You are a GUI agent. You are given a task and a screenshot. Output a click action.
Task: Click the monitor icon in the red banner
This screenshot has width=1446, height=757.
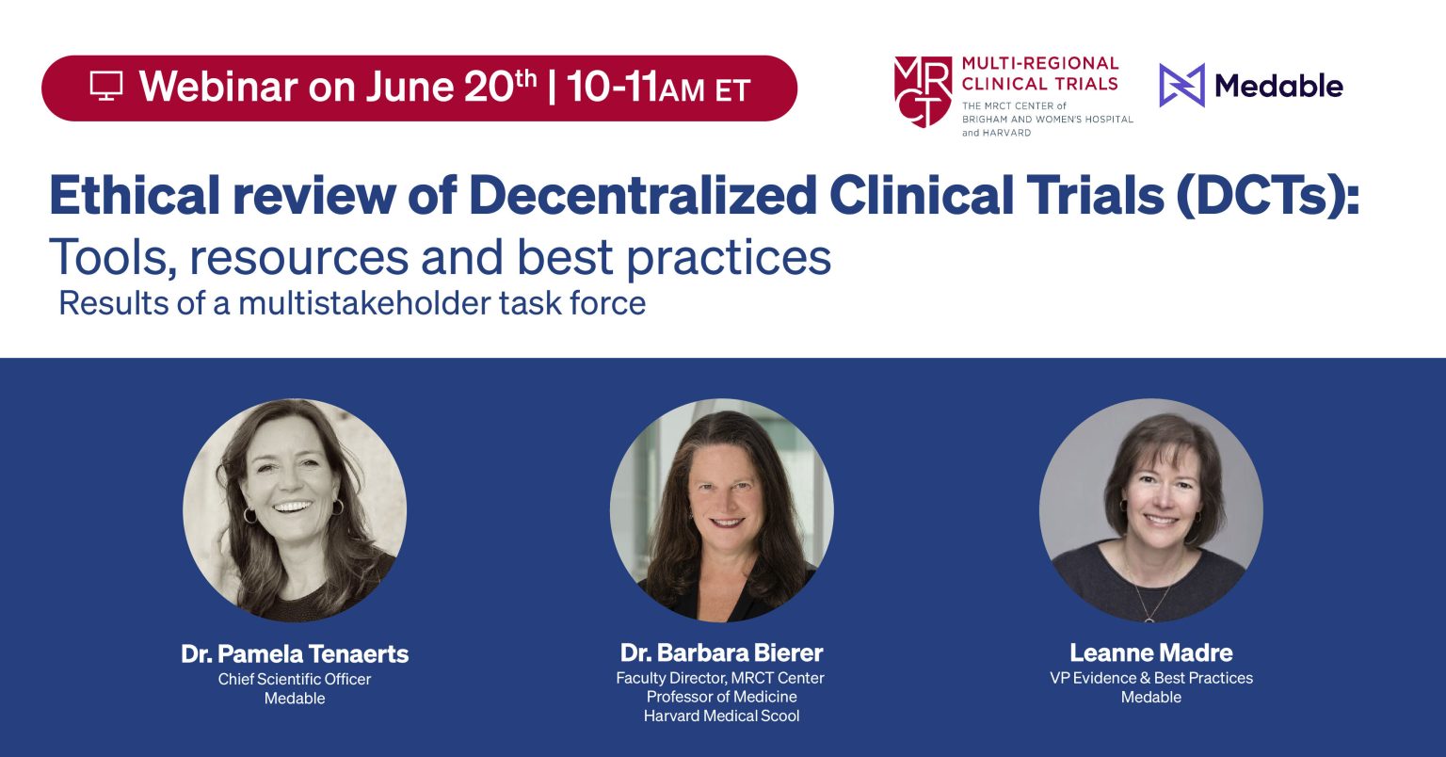click(106, 87)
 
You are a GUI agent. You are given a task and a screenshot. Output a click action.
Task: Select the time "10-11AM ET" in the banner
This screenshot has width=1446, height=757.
click(658, 89)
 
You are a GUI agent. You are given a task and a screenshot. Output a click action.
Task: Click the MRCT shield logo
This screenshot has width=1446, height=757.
click(923, 91)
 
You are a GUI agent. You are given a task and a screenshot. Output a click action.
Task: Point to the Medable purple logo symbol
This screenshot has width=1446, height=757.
click(1181, 86)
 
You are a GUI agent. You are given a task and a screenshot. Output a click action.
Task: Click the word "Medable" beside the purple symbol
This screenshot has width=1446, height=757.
click(1278, 87)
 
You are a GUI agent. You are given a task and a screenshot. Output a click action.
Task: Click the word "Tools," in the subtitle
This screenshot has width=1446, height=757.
click(111, 256)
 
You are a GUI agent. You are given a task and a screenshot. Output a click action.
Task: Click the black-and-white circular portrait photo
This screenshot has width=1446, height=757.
click(295, 509)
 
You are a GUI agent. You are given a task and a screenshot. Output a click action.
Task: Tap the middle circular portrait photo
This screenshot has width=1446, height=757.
click(722, 509)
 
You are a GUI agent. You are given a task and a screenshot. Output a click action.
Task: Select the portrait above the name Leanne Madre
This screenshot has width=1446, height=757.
click(1150, 509)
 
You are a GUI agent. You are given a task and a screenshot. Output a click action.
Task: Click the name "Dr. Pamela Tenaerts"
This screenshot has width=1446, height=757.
click(295, 653)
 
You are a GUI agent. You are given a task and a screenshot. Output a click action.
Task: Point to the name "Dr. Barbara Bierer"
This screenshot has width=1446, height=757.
click(721, 652)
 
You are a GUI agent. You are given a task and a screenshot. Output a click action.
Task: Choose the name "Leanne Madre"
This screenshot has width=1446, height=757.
click(1150, 652)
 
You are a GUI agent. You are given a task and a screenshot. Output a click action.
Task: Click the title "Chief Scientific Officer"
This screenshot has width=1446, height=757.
click(295, 679)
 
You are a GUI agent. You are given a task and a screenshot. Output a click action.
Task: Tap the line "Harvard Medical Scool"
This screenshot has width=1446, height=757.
click(721, 716)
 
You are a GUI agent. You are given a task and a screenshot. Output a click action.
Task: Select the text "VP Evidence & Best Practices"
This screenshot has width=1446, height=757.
click(1150, 678)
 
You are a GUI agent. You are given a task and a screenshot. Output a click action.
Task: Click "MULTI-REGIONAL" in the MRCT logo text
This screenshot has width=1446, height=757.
click(1039, 64)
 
